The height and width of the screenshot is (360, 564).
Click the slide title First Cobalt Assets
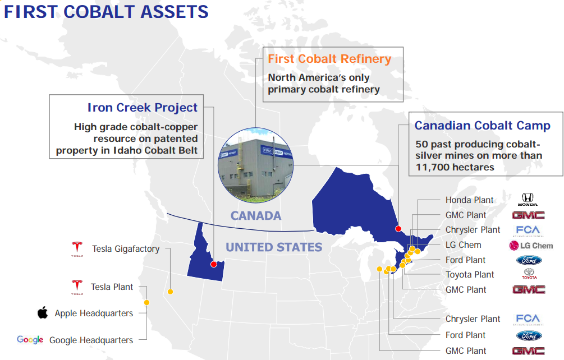[106, 12]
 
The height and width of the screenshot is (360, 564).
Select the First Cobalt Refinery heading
[329, 59]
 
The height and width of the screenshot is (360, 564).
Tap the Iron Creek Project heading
[143, 107]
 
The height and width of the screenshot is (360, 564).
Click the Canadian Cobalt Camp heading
[482, 126]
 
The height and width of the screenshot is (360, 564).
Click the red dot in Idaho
[213, 264]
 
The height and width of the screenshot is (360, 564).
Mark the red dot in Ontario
[398, 228]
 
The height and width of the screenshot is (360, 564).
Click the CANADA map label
[256, 216]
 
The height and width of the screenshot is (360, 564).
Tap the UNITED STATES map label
[274, 247]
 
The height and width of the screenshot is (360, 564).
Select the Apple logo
[43, 313]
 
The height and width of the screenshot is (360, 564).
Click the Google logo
[30, 339]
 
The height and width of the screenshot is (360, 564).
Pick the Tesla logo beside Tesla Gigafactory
[77, 248]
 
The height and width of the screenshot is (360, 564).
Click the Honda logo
[528, 200]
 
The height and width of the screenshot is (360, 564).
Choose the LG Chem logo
[531, 245]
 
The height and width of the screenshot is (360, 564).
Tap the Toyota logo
[529, 274]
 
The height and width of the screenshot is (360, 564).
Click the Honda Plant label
[470, 200]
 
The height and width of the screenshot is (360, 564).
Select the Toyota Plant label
[470, 275]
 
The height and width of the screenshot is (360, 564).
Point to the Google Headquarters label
[91, 340]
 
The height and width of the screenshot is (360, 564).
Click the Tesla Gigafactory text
[126, 249]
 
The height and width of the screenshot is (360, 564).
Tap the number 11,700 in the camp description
[437, 167]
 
